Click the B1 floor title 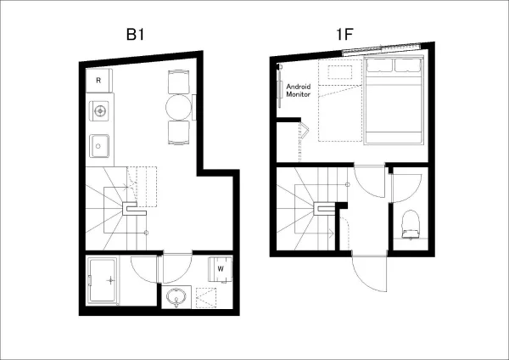135,35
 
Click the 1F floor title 344,34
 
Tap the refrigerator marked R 99,81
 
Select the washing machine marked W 221,269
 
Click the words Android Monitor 299,90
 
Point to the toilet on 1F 411,224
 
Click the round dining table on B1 178,107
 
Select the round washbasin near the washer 176,297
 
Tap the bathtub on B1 103,281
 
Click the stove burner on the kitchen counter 99,110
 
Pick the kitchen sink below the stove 99,146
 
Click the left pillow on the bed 379,65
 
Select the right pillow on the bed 408,65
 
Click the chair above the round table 178,82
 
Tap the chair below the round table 178,132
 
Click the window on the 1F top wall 382,49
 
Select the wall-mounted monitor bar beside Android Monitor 279,89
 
